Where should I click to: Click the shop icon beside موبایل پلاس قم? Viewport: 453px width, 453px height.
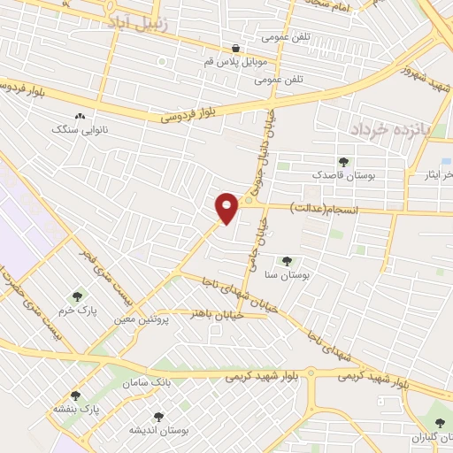[x=235, y=49]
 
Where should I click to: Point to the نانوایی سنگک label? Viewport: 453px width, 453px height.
[x=79, y=128]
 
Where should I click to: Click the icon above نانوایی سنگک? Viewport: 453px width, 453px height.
[x=80, y=115]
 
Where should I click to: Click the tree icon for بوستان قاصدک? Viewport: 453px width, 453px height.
[x=343, y=162]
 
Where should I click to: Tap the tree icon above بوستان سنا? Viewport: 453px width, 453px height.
[x=286, y=261]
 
